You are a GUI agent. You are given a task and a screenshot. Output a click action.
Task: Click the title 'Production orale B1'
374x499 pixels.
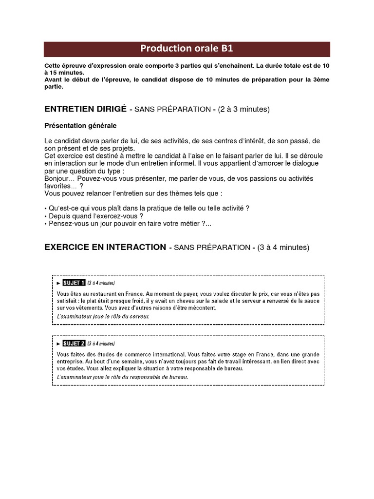[187, 49]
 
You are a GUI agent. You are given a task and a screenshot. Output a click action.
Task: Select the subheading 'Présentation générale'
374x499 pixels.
[80, 126]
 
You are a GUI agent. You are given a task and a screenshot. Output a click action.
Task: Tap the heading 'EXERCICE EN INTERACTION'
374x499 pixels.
[105, 247]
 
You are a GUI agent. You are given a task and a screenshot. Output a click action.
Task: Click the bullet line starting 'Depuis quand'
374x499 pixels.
[95, 216]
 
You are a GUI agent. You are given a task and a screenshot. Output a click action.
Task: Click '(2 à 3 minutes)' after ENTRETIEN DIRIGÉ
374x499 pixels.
[243, 110]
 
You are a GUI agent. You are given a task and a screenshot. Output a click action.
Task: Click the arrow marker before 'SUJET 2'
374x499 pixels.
[58, 344]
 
